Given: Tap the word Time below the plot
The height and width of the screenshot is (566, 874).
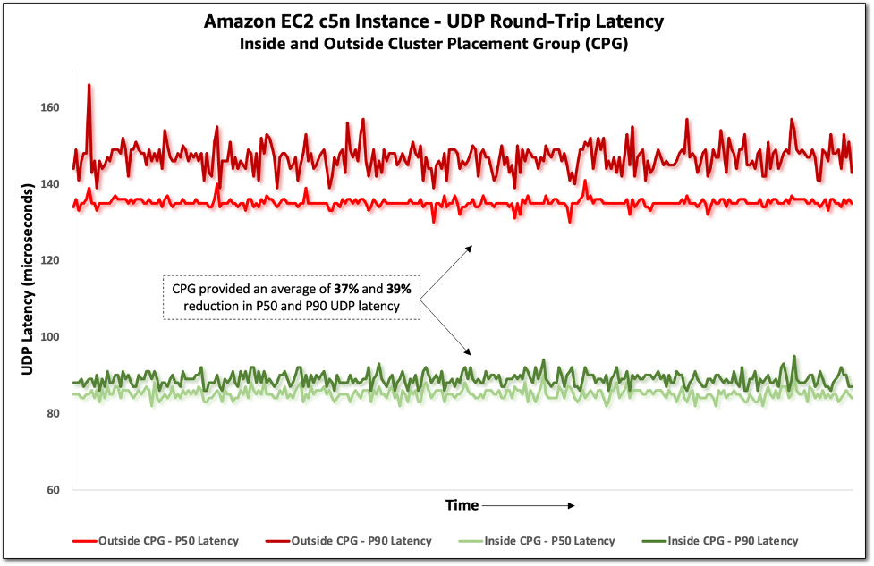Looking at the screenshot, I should pos(462,506).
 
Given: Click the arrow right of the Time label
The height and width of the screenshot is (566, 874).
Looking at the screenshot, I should pos(528,506).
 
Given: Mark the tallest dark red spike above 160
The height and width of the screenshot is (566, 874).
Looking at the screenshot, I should pos(89,86).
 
